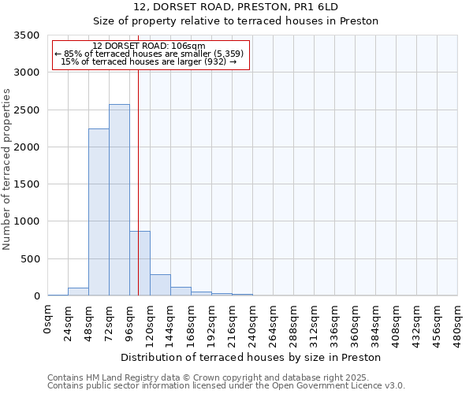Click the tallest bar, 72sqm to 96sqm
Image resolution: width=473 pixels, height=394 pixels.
[119, 200]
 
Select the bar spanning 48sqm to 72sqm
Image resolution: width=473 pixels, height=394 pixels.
[99, 212]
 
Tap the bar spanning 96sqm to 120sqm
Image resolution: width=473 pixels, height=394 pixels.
[140, 263]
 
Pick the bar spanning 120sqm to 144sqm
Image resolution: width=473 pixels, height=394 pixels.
[160, 285]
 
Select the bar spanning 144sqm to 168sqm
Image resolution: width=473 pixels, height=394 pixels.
[181, 292]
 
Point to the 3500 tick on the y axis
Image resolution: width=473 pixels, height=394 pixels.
[27, 35]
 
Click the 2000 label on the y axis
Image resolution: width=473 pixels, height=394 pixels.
[27, 147]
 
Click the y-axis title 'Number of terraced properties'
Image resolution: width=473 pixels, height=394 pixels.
[7, 169]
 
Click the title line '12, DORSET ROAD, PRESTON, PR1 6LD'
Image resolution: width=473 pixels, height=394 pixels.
[236, 6]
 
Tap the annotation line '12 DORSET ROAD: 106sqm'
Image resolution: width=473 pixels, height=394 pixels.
[148, 46]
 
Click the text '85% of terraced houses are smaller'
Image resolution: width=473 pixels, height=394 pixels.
[150, 54]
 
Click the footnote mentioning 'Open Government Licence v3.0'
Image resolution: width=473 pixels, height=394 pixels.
[226, 385]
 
